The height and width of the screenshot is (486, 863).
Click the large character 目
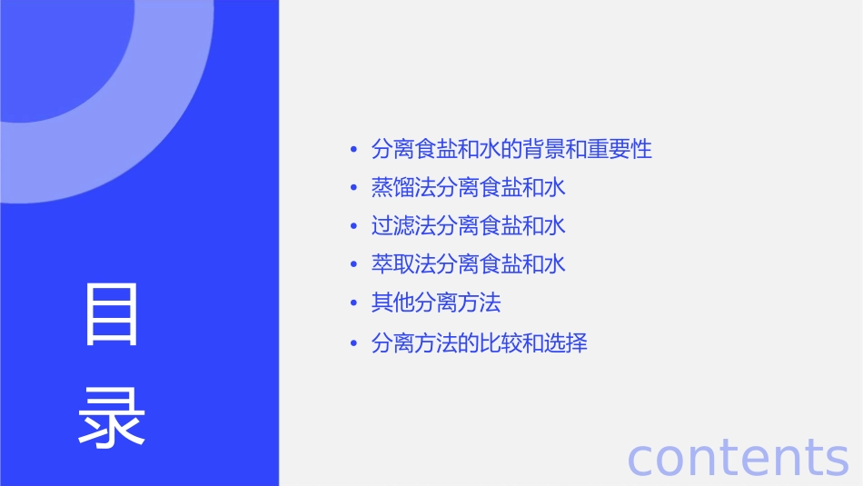(x=112, y=314)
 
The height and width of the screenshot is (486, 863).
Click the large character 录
(x=112, y=418)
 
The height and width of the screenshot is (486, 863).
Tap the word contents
(x=738, y=456)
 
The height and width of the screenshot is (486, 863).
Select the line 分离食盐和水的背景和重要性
(x=511, y=149)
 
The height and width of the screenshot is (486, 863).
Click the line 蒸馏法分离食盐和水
(x=469, y=188)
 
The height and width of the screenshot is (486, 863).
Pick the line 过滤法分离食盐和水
(x=469, y=225)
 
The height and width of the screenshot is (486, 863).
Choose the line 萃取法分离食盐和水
(x=469, y=264)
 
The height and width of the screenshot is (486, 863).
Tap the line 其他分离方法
(x=436, y=303)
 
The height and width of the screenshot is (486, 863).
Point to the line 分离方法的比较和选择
(x=480, y=343)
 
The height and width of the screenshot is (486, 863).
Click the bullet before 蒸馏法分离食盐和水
(x=354, y=189)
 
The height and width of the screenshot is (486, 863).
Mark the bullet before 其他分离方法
(x=354, y=303)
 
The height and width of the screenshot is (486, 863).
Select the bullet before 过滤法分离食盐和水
(x=354, y=226)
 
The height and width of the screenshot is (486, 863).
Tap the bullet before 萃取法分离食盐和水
(x=354, y=265)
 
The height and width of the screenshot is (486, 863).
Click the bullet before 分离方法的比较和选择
(x=354, y=344)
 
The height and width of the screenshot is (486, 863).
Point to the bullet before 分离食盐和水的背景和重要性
(x=354, y=150)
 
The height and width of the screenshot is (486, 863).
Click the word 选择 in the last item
(x=566, y=343)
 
